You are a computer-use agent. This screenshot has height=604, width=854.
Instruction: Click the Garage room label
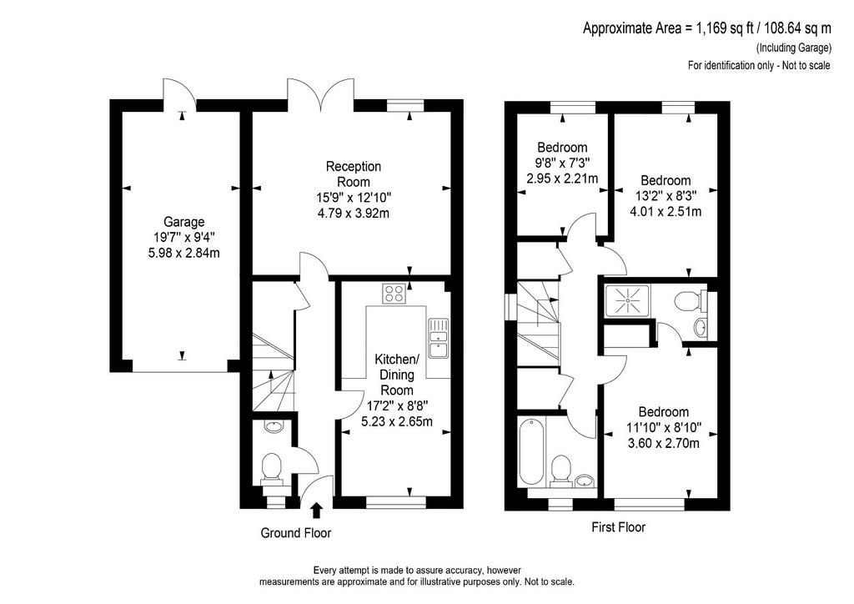coord(184,222)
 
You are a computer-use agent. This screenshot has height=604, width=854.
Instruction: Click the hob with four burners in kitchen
coord(394,294)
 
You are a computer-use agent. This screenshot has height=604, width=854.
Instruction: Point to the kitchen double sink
coord(438,338)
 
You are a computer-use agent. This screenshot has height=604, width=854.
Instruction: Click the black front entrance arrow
coord(316,511)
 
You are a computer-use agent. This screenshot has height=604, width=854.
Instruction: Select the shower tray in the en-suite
coord(627,300)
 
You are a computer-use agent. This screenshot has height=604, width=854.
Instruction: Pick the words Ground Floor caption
coord(296,532)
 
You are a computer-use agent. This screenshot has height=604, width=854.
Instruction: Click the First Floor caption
coord(618,527)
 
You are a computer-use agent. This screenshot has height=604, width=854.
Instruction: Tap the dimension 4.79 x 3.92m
coord(354,213)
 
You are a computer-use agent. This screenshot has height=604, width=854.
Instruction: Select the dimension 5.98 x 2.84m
coord(184,253)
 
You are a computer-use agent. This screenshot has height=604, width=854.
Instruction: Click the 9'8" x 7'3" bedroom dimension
coord(562,163)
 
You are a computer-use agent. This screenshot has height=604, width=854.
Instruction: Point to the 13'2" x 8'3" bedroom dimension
coord(666,195)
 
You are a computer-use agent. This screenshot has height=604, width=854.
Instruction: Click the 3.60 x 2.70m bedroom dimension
coord(663,443)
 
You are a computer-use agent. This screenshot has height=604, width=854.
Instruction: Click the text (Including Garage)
coord(794,48)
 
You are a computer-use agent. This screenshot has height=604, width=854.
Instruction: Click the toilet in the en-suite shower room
coord(689,300)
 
